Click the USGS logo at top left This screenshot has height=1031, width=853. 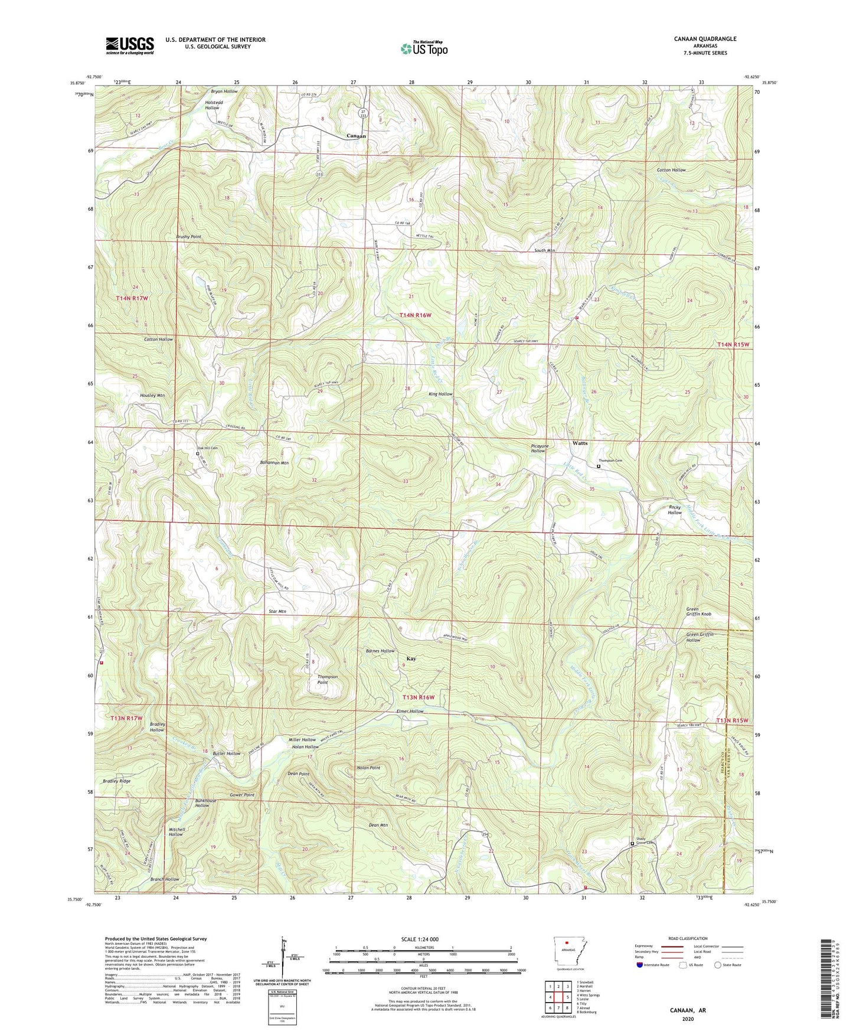129,45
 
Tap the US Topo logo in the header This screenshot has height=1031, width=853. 423,49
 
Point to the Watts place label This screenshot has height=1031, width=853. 580,443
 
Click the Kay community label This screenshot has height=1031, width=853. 411,658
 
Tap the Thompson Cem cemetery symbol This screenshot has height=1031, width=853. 599,466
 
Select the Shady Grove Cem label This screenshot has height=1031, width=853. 645,843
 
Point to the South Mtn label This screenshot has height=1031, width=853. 544,250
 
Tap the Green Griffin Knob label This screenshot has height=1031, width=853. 698,612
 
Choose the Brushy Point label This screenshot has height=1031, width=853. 188,237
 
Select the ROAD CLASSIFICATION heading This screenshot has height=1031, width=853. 688,938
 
